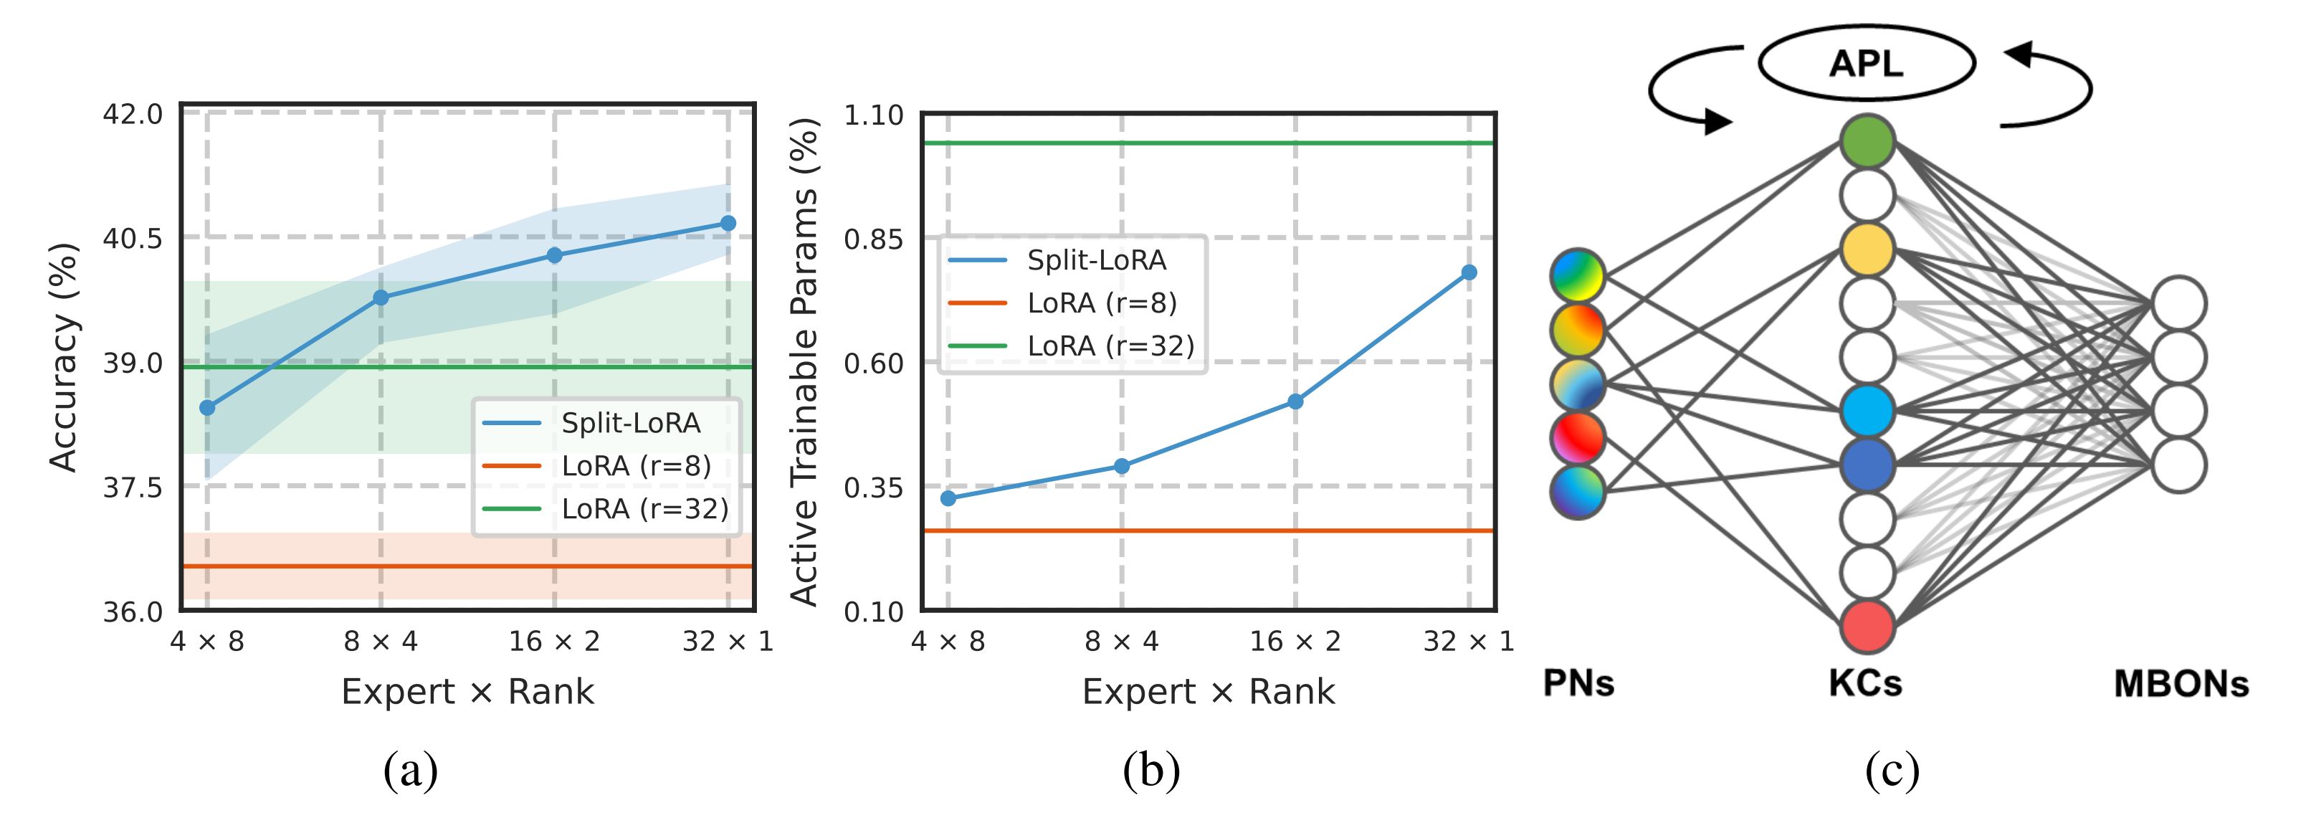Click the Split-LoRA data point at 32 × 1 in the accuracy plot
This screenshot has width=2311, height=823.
point(728,224)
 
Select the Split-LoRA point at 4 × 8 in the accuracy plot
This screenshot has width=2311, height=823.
point(207,407)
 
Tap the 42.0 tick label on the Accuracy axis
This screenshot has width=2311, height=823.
point(133,115)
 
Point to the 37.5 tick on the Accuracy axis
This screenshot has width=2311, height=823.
point(133,487)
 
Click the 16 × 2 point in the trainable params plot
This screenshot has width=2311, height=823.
point(1295,401)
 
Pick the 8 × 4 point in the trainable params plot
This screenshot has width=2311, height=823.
point(1121,466)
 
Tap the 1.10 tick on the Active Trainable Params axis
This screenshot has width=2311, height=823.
point(873,115)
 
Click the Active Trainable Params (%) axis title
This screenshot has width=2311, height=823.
point(804,362)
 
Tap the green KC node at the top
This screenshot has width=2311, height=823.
point(1867,141)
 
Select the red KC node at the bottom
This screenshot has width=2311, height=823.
point(1867,626)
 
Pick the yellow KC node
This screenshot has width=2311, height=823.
point(1867,249)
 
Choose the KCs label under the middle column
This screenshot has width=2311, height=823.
point(1865,684)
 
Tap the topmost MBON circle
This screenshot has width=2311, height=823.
point(2179,303)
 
